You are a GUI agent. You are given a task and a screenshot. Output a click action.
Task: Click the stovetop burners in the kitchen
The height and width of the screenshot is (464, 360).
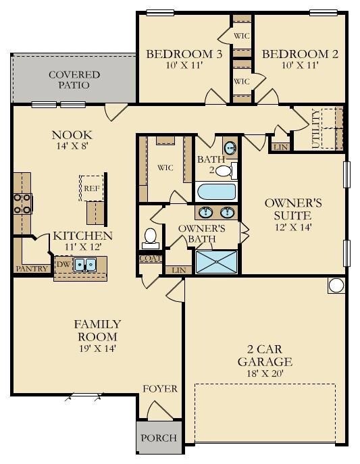[x=23, y=203]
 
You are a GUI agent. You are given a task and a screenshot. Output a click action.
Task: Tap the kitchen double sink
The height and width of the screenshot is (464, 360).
[x=85, y=264]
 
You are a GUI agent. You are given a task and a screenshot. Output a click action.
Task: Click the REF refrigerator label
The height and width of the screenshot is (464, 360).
[x=92, y=188]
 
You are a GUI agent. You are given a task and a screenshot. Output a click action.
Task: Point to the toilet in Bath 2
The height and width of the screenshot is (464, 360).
[x=226, y=171]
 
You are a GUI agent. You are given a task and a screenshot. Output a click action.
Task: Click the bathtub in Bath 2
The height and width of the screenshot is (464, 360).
[x=217, y=192]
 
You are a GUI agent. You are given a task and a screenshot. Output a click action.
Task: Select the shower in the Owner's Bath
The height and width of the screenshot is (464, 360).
[x=217, y=262]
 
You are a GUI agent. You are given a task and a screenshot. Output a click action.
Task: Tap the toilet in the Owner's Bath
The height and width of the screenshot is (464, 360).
[x=151, y=238]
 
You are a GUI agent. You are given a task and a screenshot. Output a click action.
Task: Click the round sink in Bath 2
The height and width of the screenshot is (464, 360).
[x=230, y=147]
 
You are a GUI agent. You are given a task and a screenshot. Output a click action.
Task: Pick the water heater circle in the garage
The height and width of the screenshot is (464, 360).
[x=336, y=286]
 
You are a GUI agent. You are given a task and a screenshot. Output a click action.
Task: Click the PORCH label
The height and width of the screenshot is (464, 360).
[x=159, y=438]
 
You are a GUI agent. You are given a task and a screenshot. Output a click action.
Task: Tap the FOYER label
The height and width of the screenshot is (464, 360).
[x=160, y=388]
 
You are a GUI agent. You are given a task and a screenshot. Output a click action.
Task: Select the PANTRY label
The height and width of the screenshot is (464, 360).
[x=32, y=269]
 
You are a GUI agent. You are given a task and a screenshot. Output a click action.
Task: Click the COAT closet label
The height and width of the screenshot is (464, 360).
[x=151, y=258]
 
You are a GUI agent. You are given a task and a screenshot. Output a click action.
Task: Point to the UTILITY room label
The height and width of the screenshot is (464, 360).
[x=316, y=129]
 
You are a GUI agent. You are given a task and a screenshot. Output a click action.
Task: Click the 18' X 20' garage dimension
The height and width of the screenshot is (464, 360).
[x=265, y=373]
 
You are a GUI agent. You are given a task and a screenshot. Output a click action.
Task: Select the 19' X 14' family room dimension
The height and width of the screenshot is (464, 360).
[x=97, y=349]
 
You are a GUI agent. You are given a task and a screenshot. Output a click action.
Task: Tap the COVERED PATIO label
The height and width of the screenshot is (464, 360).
[x=74, y=80]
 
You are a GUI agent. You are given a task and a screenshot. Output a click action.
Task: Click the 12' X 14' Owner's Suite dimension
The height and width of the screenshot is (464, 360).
[x=293, y=227]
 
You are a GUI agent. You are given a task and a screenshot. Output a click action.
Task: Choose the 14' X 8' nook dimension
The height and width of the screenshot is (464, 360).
[x=72, y=146]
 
